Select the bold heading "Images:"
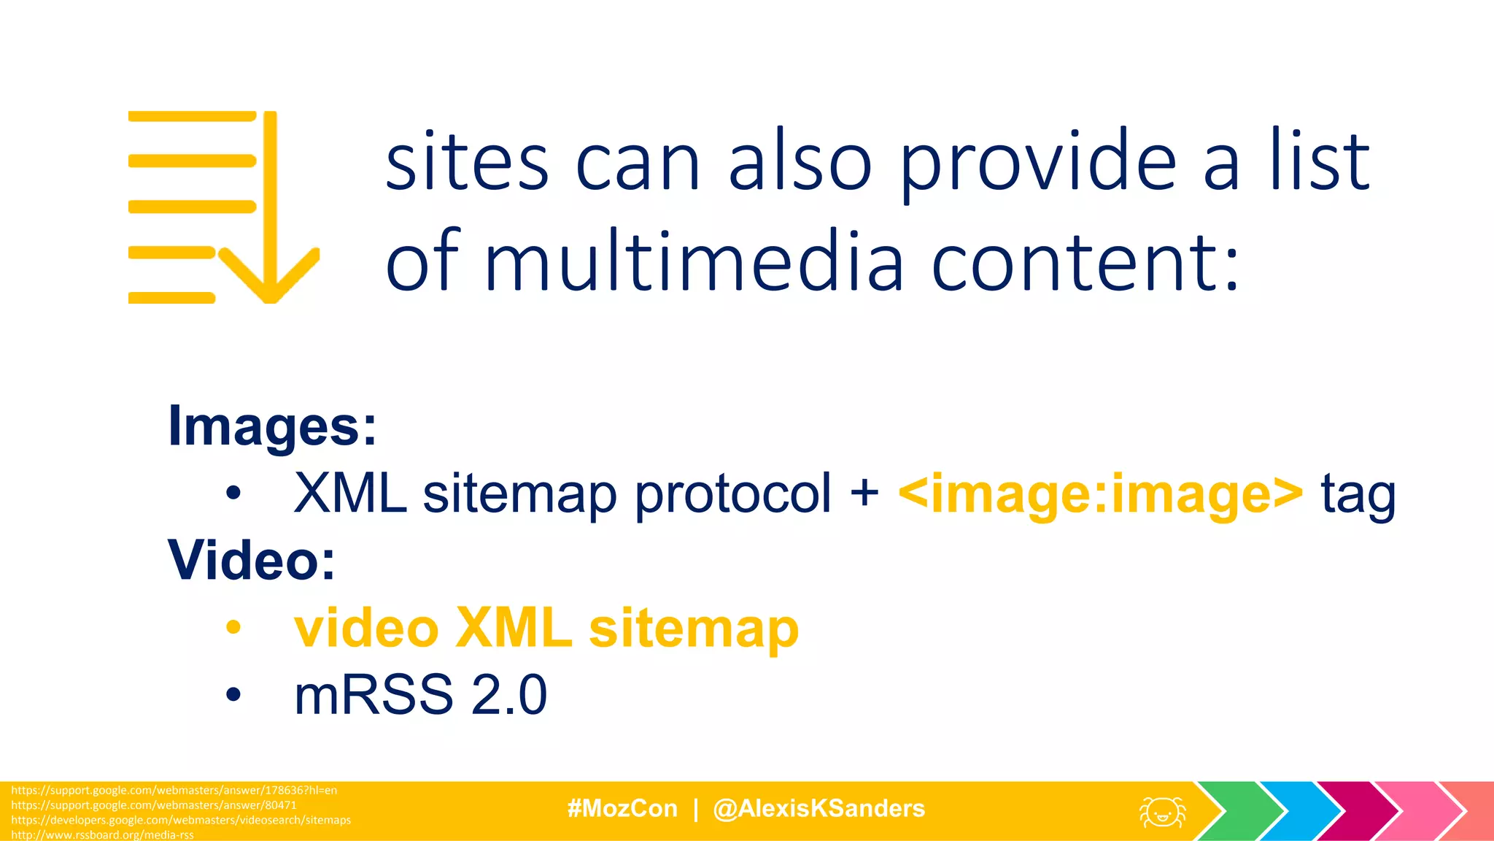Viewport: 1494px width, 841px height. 272,426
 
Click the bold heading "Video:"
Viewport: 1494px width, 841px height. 252,561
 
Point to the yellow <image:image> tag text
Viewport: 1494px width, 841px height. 1100,494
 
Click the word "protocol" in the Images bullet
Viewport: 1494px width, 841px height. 732,494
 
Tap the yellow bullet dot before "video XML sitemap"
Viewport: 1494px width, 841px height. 233,628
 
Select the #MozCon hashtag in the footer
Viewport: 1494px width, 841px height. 622,809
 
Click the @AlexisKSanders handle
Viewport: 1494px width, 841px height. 818,809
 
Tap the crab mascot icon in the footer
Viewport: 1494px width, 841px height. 1162,812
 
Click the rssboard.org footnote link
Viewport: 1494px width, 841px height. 102,834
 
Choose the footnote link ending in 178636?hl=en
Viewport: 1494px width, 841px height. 174,790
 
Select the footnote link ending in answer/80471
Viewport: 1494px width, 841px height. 154,805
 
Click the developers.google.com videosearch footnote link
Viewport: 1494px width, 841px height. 181,820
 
